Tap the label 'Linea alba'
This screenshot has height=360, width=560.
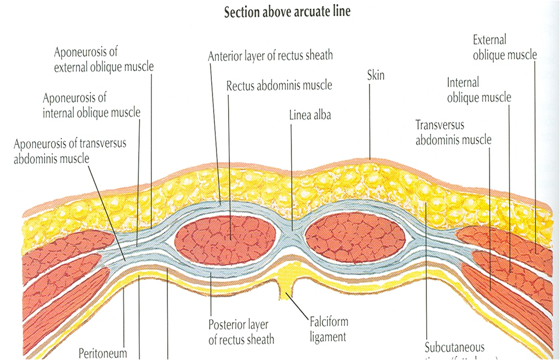(x=310, y=115)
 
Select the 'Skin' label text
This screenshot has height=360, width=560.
(x=376, y=76)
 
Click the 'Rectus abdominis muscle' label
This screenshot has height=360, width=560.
(x=279, y=85)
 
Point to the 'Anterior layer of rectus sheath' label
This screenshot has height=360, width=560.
(x=270, y=56)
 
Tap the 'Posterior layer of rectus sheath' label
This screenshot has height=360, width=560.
(x=241, y=331)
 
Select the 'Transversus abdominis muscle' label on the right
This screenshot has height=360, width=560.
(x=453, y=132)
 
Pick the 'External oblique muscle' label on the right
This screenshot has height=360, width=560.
(x=504, y=47)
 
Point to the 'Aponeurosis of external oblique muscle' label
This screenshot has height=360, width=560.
(x=104, y=59)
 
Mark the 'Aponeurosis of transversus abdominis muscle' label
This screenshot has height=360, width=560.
(x=70, y=150)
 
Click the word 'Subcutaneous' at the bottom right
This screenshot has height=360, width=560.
(x=455, y=348)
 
